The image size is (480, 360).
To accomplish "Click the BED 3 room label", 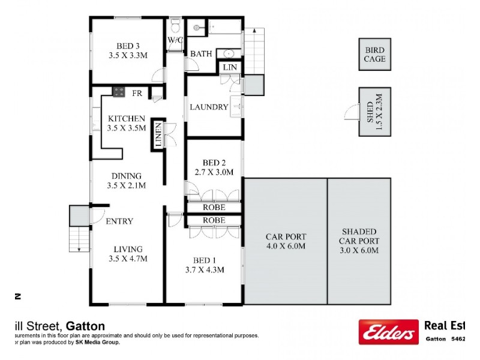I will (x=128, y=46).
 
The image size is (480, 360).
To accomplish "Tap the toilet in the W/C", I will (x=175, y=27).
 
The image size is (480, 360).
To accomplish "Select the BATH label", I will (x=201, y=54).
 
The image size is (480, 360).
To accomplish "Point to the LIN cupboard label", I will (x=230, y=67).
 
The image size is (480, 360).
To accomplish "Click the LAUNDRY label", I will (x=209, y=107).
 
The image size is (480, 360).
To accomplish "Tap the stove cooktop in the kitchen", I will (x=118, y=92).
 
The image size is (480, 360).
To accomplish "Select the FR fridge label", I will (x=137, y=93).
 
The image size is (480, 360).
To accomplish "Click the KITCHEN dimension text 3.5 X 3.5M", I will (x=126, y=128).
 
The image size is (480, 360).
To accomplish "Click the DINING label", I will (x=126, y=176).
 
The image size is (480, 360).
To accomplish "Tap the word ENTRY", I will (x=119, y=221).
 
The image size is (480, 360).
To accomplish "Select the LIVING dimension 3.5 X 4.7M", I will (x=128, y=259).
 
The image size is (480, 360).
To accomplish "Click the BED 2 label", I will (x=214, y=163).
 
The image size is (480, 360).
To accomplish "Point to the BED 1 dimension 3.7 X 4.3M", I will (x=205, y=270).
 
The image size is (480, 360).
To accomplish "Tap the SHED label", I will (x=370, y=112).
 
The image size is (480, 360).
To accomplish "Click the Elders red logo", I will (x=389, y=331).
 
